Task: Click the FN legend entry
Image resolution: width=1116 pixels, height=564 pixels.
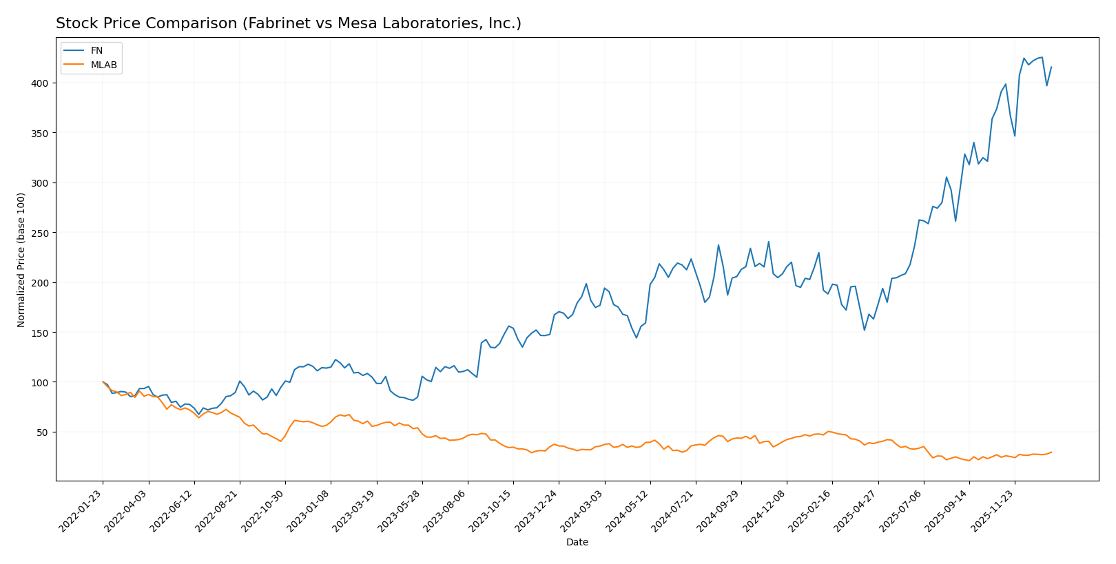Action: pos(96,51)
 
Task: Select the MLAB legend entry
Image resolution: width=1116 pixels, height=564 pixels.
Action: pos(103,65)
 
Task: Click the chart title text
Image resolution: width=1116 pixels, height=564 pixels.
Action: pos(288,23)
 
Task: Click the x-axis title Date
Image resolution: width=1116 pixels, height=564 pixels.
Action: pos(577,543)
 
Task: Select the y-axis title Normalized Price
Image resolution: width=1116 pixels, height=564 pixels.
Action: pos(21,260)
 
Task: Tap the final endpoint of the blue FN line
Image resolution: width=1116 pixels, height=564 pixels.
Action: pos(1051,67)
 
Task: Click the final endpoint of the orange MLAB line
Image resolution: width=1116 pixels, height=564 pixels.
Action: pos(1051,452)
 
